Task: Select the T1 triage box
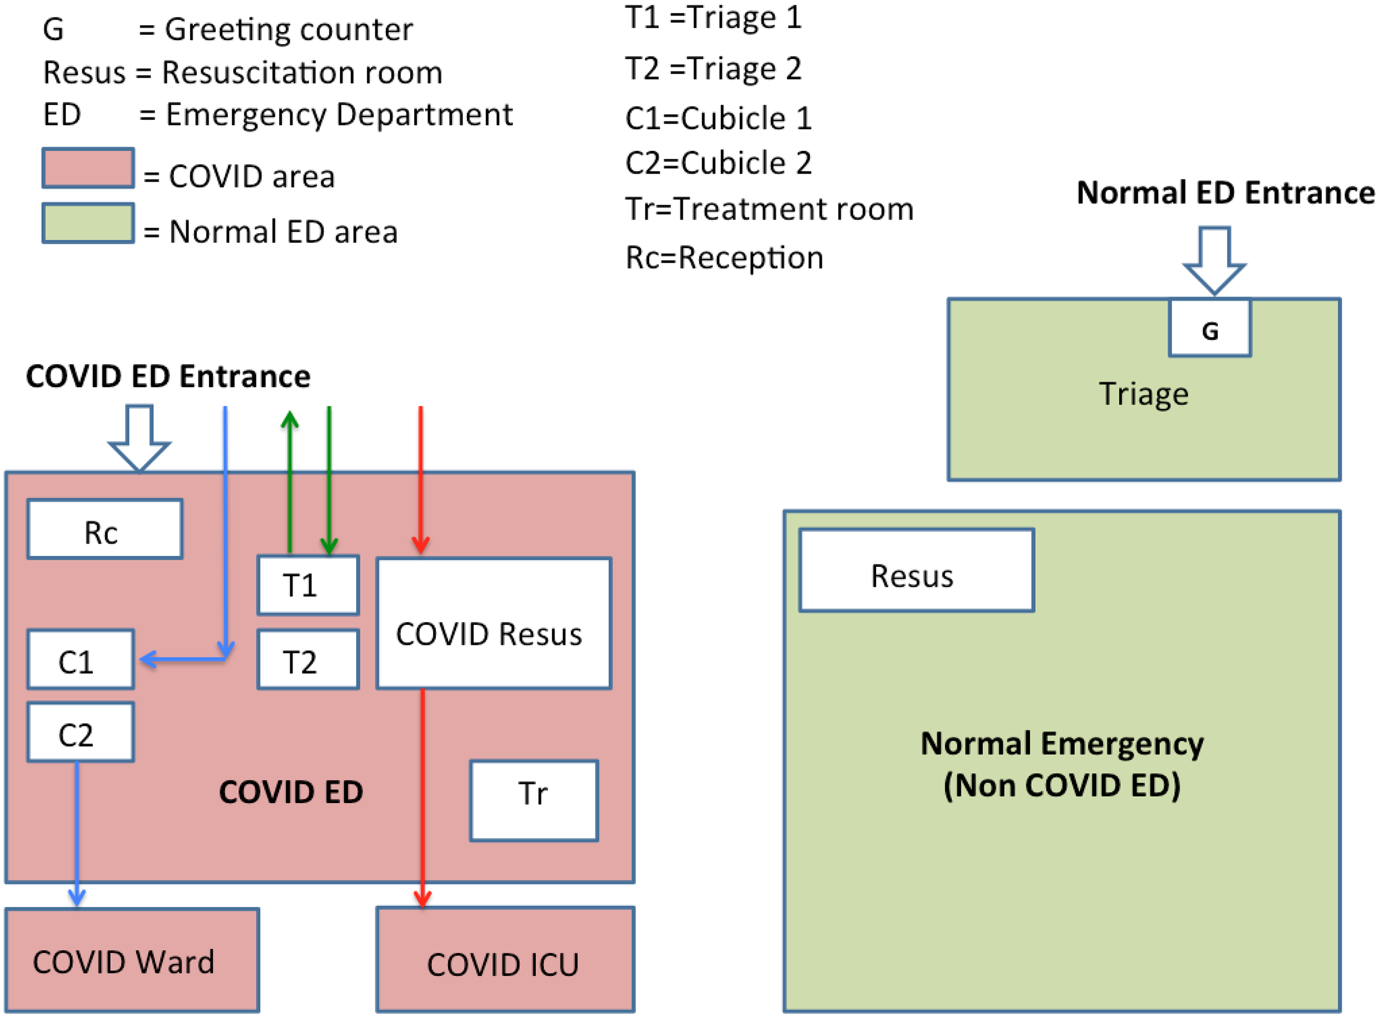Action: (x=308, y=586)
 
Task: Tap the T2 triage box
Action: (x=308, y=659)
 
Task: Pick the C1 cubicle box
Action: (x=80, y=659)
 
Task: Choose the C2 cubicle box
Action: (x=80, y=732)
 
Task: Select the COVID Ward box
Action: (x=132, y=960)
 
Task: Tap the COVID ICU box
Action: (x=505, y=960)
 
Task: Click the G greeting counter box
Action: (x=1210, y=328)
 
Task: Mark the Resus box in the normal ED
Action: (x=917, y=570)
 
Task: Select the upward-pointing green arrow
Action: (x=290, y=481)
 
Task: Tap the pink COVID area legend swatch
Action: (x=88, y=168)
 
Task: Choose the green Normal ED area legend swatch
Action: (x=88, y=224)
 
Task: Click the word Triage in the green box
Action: (x=1144, y=394)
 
